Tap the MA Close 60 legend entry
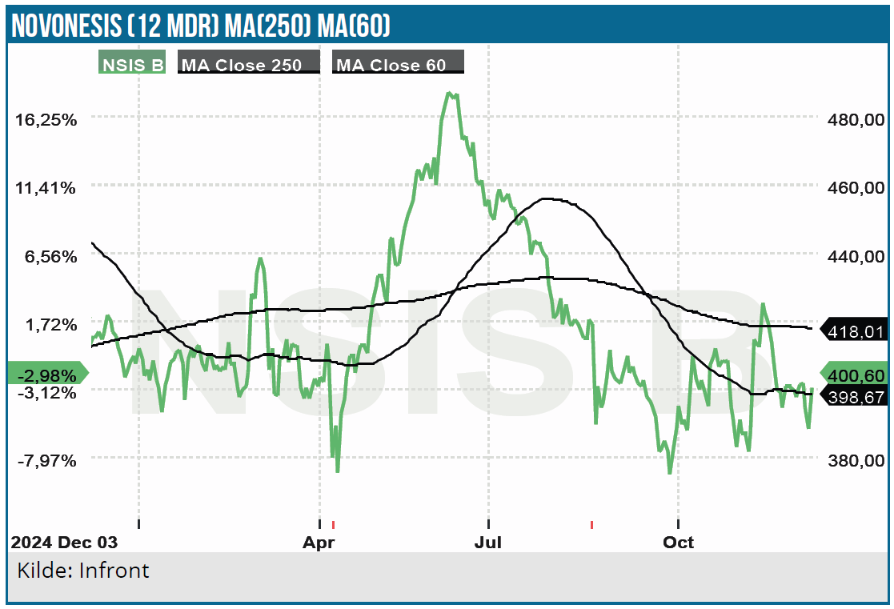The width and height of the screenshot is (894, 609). point(397,65)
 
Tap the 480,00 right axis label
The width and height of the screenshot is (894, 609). point(856,119)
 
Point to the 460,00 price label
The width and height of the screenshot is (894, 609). point(856,188)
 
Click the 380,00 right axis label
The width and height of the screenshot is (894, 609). point(856,461)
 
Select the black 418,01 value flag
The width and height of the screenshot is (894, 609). point(856,329)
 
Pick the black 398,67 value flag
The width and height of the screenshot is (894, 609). point(856,395)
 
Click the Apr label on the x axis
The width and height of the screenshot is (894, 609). point(318,543)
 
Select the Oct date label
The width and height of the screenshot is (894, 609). point(678,543)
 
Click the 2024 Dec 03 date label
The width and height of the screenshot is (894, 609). point(64,543)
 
